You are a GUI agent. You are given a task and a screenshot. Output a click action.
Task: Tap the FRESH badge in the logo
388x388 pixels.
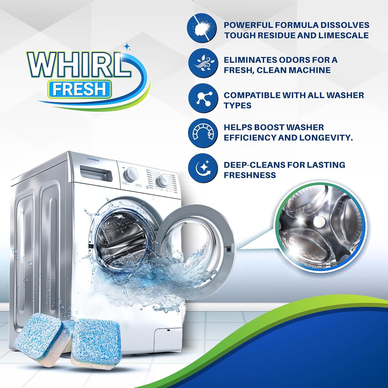tap(79, 89)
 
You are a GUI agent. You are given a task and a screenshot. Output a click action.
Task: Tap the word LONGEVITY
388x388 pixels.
tap(326, 138)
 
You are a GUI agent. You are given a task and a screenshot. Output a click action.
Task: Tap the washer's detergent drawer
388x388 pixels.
tap(96, 173)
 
